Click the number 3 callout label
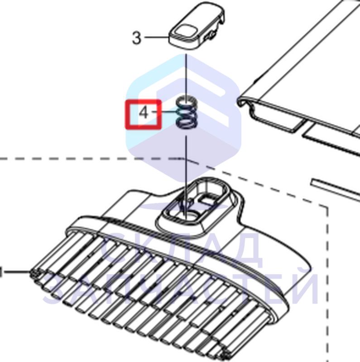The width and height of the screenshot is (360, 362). [x=136, y=38]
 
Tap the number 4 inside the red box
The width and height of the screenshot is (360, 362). [x=144, y=113]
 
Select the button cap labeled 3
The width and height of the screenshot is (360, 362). [x=197, y=26]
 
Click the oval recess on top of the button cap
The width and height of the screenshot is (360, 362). [x=185, y=31]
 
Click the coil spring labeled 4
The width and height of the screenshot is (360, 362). [x=187, y=112]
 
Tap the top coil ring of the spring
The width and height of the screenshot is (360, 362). [x=187, y=101]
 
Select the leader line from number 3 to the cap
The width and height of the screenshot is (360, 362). [x=156, y=37]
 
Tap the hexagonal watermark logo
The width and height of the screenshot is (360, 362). [x=184, y=118]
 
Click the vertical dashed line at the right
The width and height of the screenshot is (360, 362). [x=328, y=284]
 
